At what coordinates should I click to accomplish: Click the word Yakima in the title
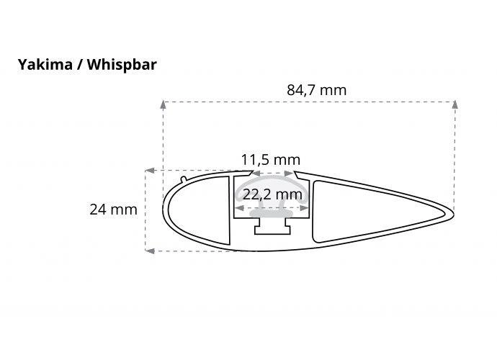point(45,65)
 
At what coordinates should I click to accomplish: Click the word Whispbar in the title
point(122,66)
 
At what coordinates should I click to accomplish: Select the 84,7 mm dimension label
point(316,90)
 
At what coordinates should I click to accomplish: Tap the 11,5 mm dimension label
point(271,160)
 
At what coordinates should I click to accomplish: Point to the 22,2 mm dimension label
point(272,194)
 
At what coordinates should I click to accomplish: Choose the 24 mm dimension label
point(113,210)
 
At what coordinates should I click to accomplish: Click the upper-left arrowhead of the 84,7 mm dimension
point(163,104)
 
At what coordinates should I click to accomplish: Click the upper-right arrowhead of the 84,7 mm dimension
point(455,104)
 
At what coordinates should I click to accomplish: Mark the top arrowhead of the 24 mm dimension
point(150,171)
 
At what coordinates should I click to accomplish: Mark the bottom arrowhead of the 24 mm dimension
point(150,251)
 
